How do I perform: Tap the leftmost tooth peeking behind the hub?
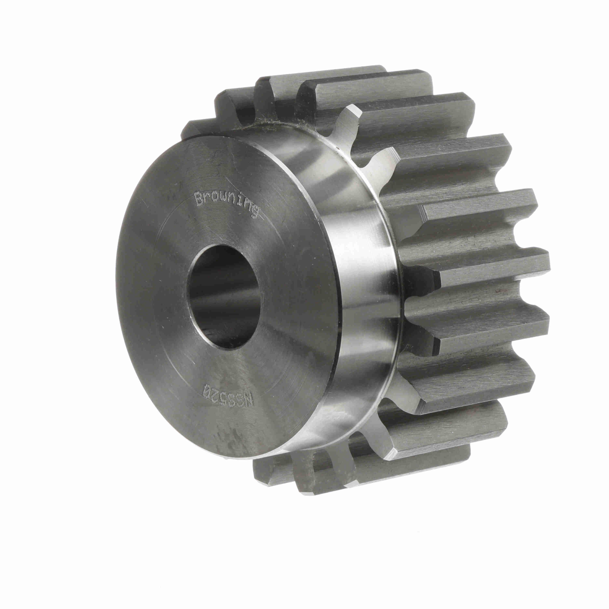(x=191, y=129)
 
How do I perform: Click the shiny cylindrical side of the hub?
(x=356, y=284)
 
